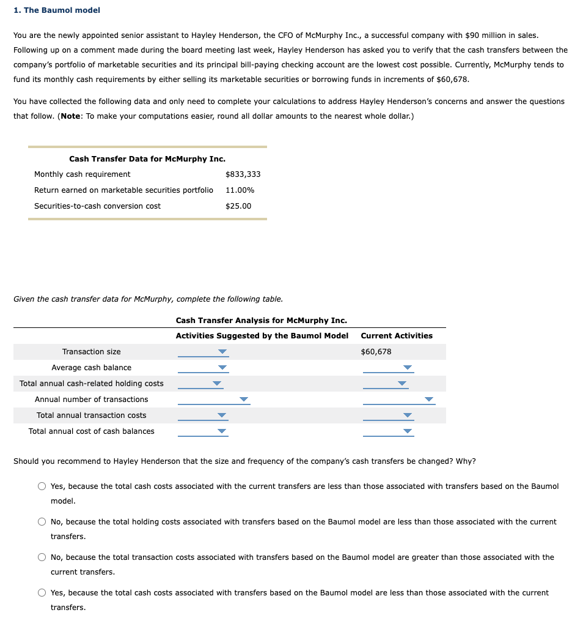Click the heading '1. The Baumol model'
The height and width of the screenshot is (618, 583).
[57, 10]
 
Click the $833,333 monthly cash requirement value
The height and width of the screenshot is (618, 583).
[243, 174]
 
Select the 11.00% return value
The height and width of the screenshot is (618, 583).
[240, 190]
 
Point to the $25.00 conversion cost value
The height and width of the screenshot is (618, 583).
[238, 206]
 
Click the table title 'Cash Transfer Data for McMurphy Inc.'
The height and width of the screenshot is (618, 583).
[147, 159]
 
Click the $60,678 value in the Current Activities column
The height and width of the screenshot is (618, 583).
[376, 352]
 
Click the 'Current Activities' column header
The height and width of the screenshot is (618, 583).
[396, 336]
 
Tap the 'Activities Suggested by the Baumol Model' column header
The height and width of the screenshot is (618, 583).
[262, 336]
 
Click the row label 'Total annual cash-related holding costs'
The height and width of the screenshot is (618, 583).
[92, 384]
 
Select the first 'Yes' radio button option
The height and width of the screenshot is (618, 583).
[42, 486]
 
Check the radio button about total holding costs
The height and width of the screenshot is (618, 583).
[42, 522]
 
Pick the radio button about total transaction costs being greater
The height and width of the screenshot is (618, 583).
[42, 557]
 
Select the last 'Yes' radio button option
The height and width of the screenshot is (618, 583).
[42, 593]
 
